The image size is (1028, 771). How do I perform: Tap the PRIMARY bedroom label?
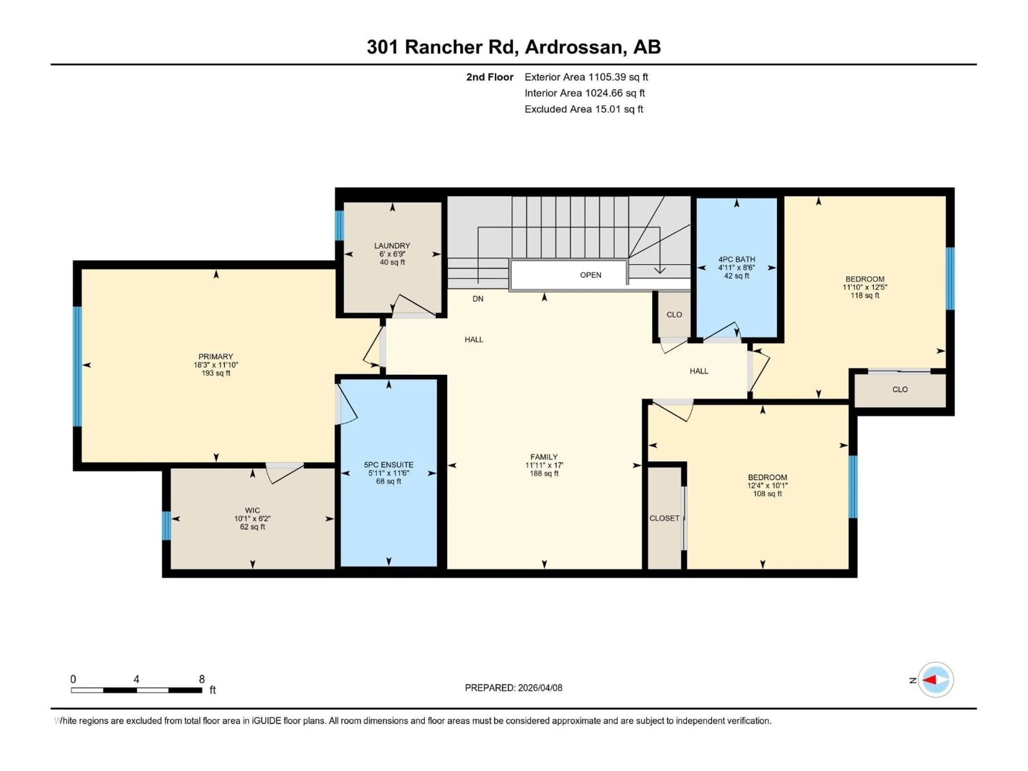point(215,357)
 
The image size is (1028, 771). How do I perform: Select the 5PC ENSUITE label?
point(388,465)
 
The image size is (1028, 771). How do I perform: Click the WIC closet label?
point(252,510)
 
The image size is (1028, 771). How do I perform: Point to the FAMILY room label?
point(544,457)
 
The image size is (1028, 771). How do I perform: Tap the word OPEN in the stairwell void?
point(590,275)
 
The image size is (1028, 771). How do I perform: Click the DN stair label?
point(478,299)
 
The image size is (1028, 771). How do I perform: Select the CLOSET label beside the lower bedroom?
point(664,518)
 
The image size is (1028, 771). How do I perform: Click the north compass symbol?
point(936,680)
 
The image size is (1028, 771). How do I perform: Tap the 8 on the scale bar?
point(202,679)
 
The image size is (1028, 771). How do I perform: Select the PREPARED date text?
point(513,688)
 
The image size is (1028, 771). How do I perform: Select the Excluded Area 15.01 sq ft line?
point(584,109)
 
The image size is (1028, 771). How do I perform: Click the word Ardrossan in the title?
point(575,47)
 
